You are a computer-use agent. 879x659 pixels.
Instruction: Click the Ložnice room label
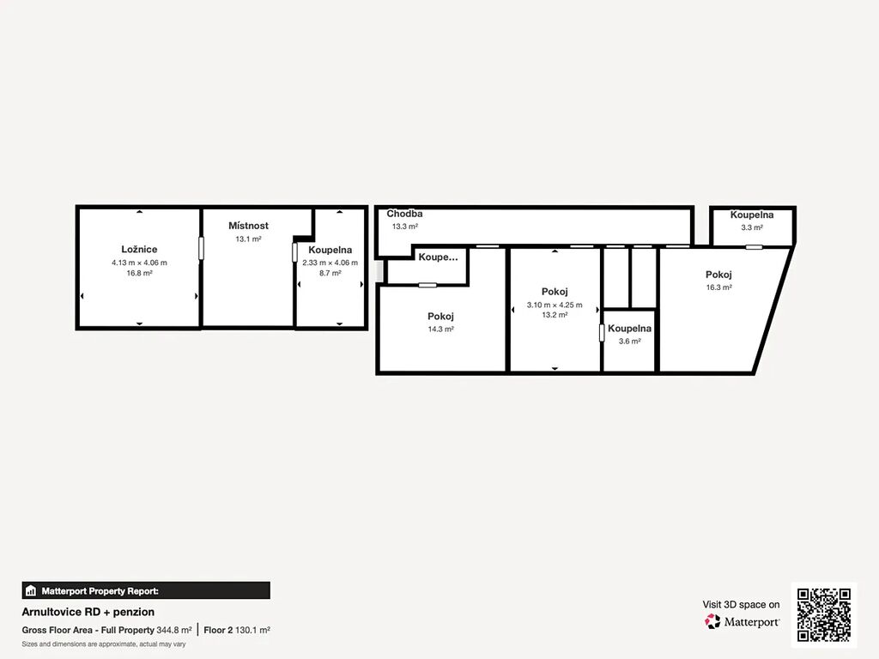tap(139, 250)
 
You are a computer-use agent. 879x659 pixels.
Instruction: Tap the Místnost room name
tap(248, 226)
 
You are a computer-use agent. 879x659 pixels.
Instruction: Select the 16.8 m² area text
tap(139, 274)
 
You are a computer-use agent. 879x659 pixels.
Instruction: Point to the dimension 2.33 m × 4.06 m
tap(330, 263)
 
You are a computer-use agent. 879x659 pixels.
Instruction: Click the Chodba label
tap(404, 214)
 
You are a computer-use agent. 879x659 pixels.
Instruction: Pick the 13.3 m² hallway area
tap(405, 227)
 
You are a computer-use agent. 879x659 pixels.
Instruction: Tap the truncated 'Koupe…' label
tap(438, 257)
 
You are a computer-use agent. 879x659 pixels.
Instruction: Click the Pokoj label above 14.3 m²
tap(440, 317)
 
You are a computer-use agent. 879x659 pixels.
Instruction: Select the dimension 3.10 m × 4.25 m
tap(555, 305)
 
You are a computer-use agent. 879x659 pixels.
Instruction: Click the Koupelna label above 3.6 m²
tap(629, 329)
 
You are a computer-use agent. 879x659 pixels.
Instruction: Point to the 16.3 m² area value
tap(718, 287)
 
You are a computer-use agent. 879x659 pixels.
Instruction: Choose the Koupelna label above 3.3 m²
tap(752, 215)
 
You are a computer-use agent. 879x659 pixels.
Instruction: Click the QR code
tap(824, 614)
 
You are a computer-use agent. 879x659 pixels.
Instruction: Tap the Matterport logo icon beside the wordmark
tap(712, 621)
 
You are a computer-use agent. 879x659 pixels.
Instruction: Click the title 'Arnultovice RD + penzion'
tap(88, 612)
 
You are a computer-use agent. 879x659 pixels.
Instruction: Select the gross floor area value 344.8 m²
tap(173, 630)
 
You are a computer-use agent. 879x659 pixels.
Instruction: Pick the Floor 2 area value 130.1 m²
tap(252, 630)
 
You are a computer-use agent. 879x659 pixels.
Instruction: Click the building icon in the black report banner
tap(31, 590)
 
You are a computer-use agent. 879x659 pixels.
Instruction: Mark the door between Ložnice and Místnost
tap(201, 248)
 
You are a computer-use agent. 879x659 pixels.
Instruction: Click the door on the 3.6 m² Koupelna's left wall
tap(602, 333)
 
